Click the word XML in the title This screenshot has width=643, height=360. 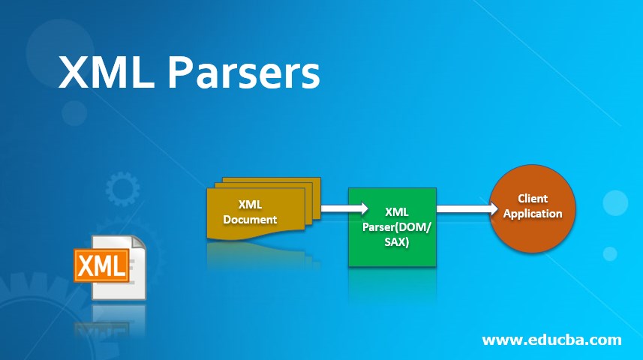(x=107, y=73)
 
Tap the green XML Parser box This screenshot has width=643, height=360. (x=392, y=226)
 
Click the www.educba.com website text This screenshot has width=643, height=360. (x=551, y=340)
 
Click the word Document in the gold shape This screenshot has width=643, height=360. (x=250, y=220)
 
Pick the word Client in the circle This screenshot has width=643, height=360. (x=533, y=199)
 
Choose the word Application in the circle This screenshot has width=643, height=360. (x=533, y=214)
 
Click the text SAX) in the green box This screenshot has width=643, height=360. (x=392, y=241)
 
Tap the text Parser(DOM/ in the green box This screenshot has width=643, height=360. (x=392, y=228)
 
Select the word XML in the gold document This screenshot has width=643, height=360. (x=250, y=205)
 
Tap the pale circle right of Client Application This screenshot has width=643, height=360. (x=615, y=202)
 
